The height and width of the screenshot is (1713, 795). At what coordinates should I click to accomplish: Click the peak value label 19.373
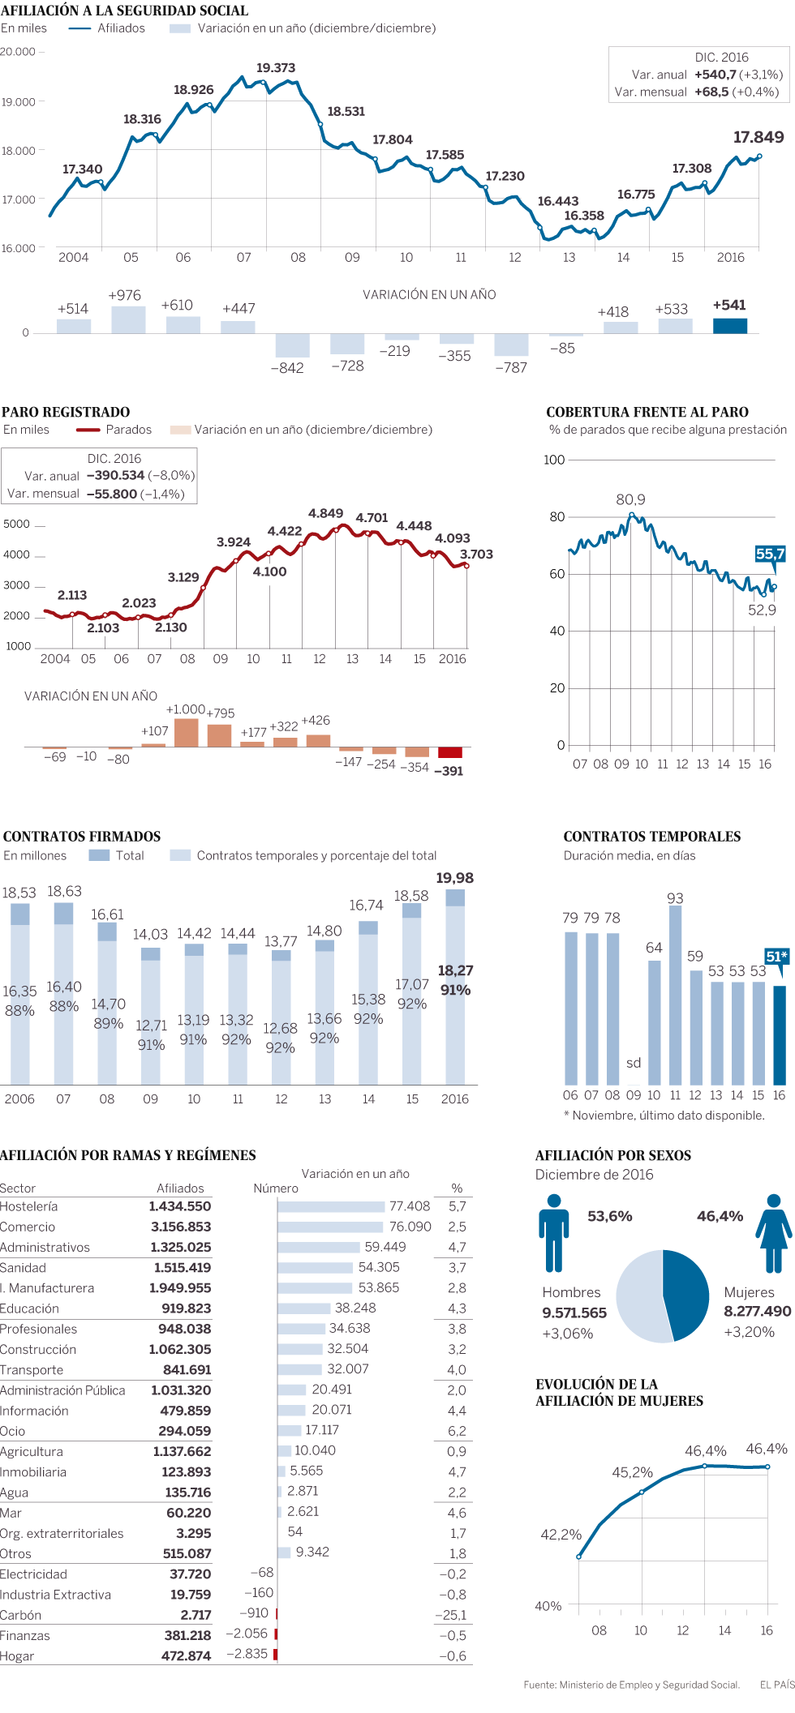[x=276, y=68]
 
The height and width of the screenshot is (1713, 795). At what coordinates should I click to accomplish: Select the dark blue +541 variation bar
[x=729, y=325]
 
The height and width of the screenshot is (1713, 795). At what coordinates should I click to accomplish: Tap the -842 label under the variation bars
[x=287, y=368]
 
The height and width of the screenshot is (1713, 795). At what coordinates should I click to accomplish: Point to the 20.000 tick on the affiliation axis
[x=18, y=52]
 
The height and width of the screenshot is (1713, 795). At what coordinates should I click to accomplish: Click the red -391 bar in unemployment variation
[x=449, y=752]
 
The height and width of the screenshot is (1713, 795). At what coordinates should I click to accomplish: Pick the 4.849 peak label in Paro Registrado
[x=325, y=514]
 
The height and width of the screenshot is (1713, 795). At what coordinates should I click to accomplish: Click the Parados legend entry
[x=128, y=430]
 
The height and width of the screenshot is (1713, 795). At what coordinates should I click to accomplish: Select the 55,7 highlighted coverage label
[x=770, y=555]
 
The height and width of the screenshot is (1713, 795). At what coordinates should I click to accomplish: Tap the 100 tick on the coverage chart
[x=554, y=460]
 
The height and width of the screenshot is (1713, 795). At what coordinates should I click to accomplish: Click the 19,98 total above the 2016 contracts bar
[x=454, y=878]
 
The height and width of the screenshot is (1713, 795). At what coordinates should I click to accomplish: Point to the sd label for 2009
[x=634, y=1063]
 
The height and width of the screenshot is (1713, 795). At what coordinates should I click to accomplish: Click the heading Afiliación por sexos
[x=612, y=1155]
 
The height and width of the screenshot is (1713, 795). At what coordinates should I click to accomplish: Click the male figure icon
[x=554, y=1232]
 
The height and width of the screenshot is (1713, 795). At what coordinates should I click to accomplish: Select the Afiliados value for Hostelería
[x=179, y=1207]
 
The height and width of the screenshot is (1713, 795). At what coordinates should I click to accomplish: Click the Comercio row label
[x=28, y=1227]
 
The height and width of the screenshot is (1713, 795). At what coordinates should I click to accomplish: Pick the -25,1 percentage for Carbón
[x=450, y=1615]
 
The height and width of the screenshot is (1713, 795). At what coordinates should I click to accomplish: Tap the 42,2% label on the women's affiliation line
[x=561, y=1535]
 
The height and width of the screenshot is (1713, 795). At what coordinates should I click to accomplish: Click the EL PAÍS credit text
[x=776, y=1685]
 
